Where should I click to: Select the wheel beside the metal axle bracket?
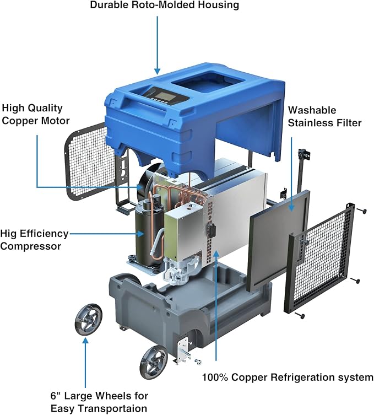point(154,362)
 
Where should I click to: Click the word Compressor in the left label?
point(31,246)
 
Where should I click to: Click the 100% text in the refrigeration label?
point(215,377)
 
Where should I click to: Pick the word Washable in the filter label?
point(312,110)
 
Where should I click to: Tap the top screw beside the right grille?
point(362,211)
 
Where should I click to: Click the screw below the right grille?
point(299,315)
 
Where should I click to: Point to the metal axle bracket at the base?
point(183,350)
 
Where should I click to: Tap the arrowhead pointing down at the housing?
point(158,71)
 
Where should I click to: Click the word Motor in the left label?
point(56,121)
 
